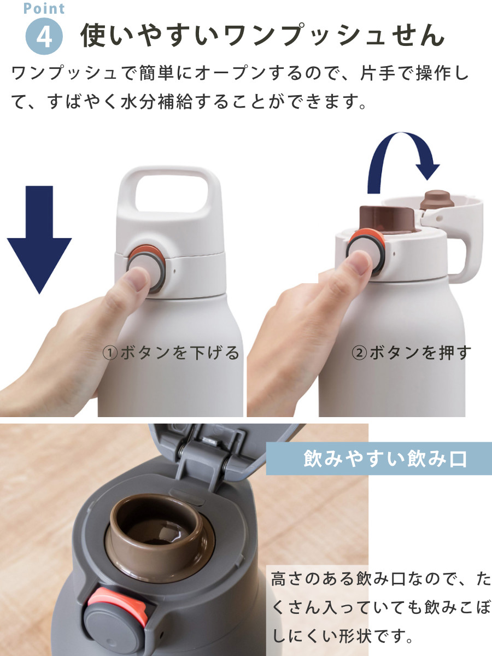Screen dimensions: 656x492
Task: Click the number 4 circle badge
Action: click(45, 36)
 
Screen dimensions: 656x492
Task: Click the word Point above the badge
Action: click(44, 9)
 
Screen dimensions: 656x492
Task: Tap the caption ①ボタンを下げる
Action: click(171, 353)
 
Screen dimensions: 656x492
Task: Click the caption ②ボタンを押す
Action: click(411, 353)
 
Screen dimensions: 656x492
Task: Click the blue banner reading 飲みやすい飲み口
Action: click(378, 458)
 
